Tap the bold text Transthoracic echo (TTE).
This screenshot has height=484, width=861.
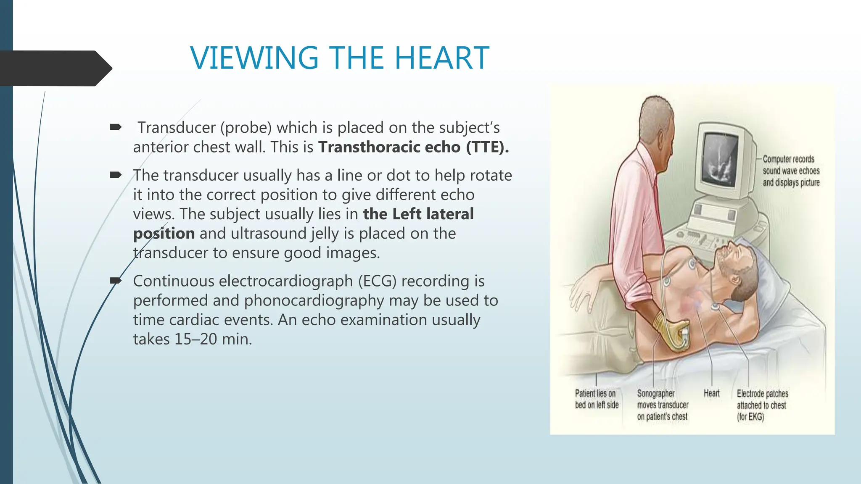pos(413,147)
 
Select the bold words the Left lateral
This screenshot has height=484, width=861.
pos(418,214)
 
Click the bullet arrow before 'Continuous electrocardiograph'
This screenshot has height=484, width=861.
pos(116,281)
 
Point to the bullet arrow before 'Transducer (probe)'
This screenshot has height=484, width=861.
pos(116,127)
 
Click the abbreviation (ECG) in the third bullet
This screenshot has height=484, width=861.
pos(377,281)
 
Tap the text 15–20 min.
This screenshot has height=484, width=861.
pos(213,339)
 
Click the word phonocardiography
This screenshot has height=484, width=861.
pos(314,300)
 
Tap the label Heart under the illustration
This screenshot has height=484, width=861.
pos(711,393)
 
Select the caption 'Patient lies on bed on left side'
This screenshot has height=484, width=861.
pos(596,399)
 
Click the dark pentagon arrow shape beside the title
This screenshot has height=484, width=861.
pos(55,68)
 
